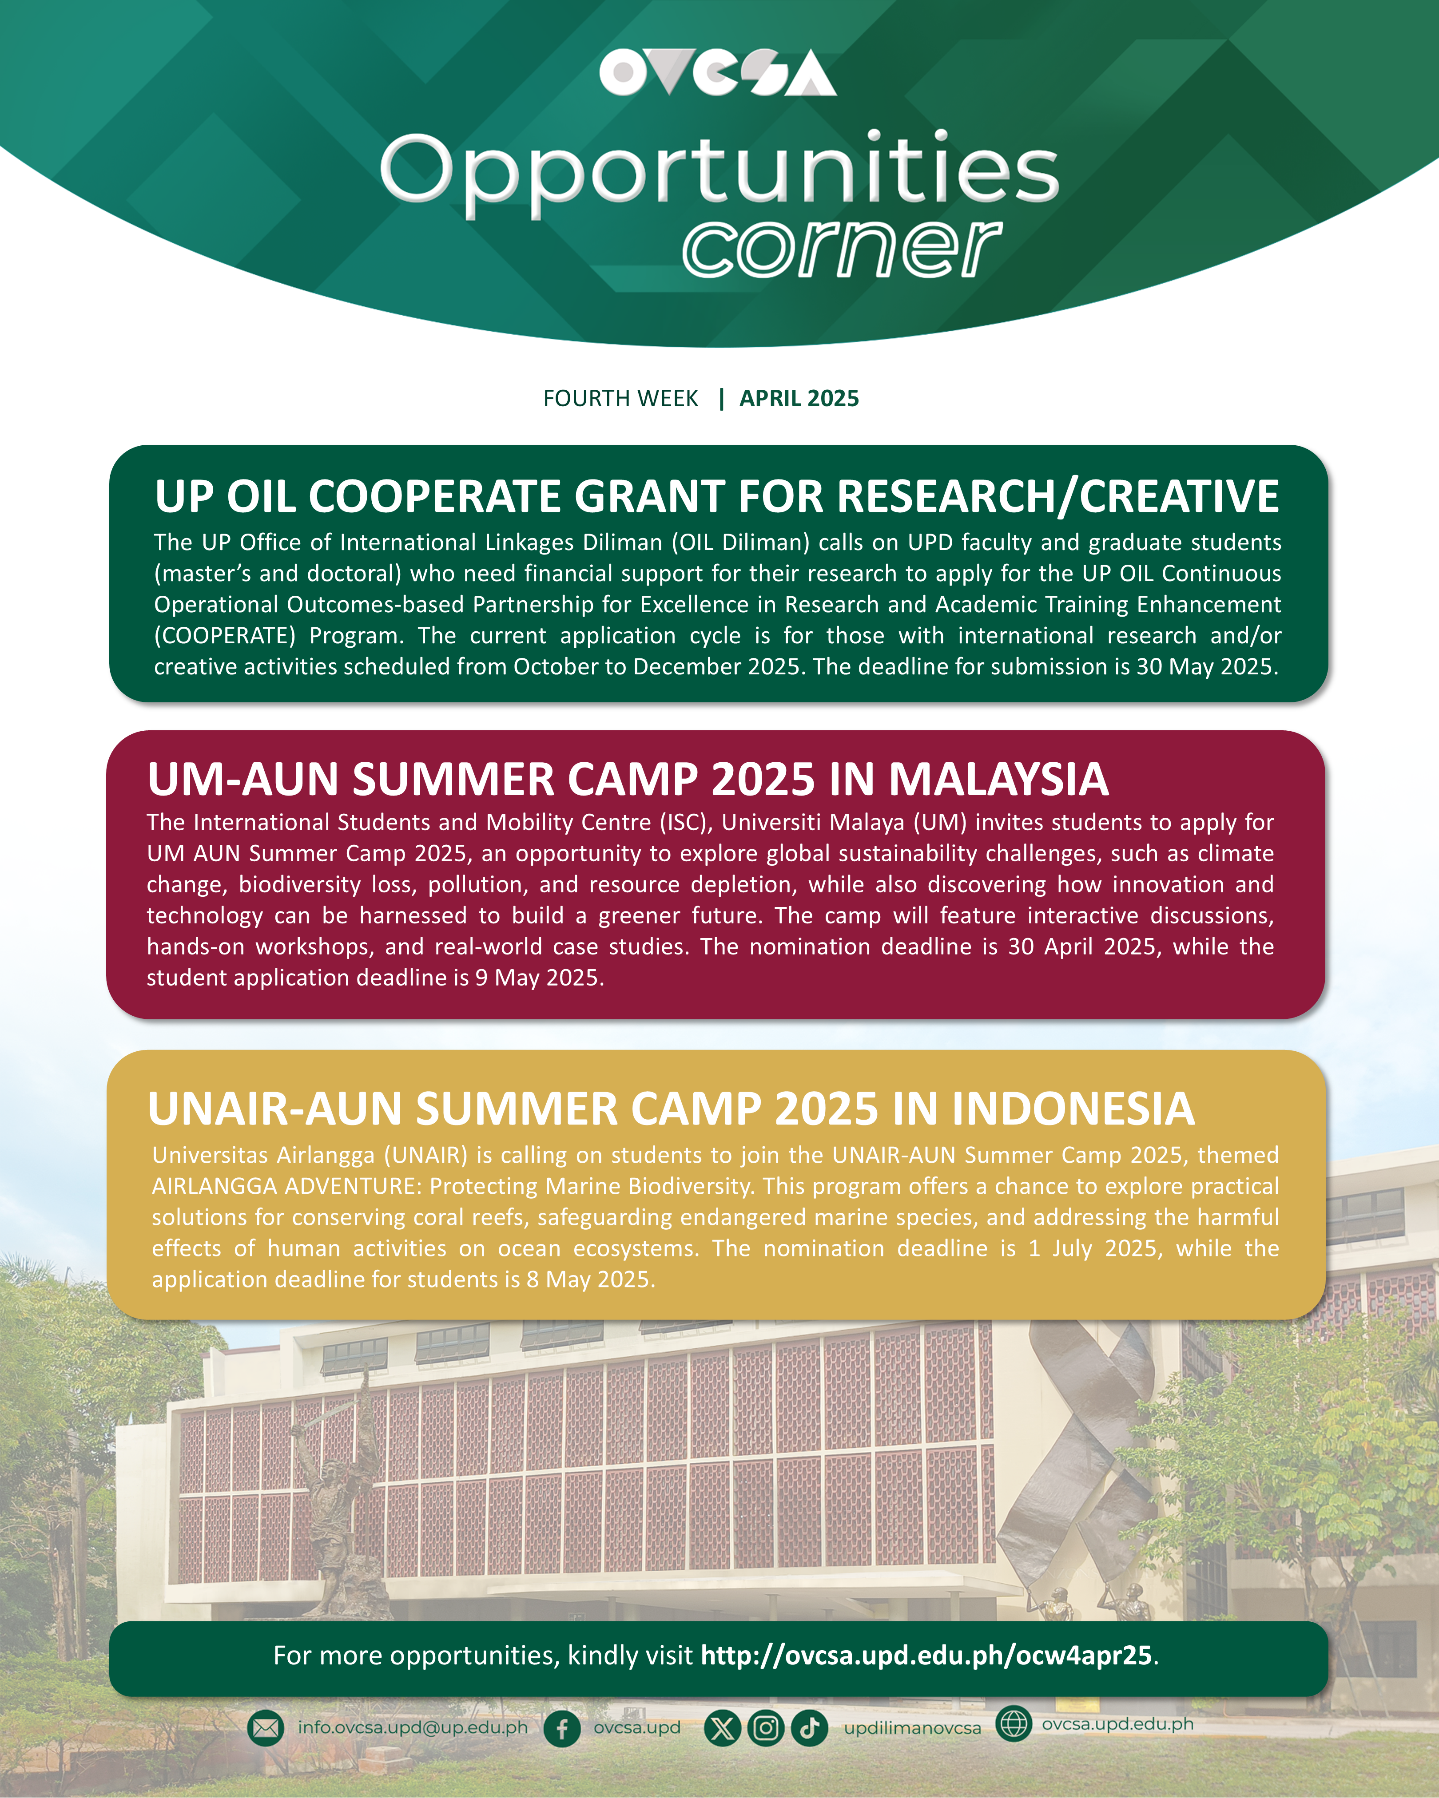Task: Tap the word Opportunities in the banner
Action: (719, 174)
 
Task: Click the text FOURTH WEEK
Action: (620, 399)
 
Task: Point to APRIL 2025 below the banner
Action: (799, 399)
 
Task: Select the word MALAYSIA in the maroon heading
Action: (998, 780)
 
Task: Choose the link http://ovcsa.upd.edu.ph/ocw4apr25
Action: (926, 1655)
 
